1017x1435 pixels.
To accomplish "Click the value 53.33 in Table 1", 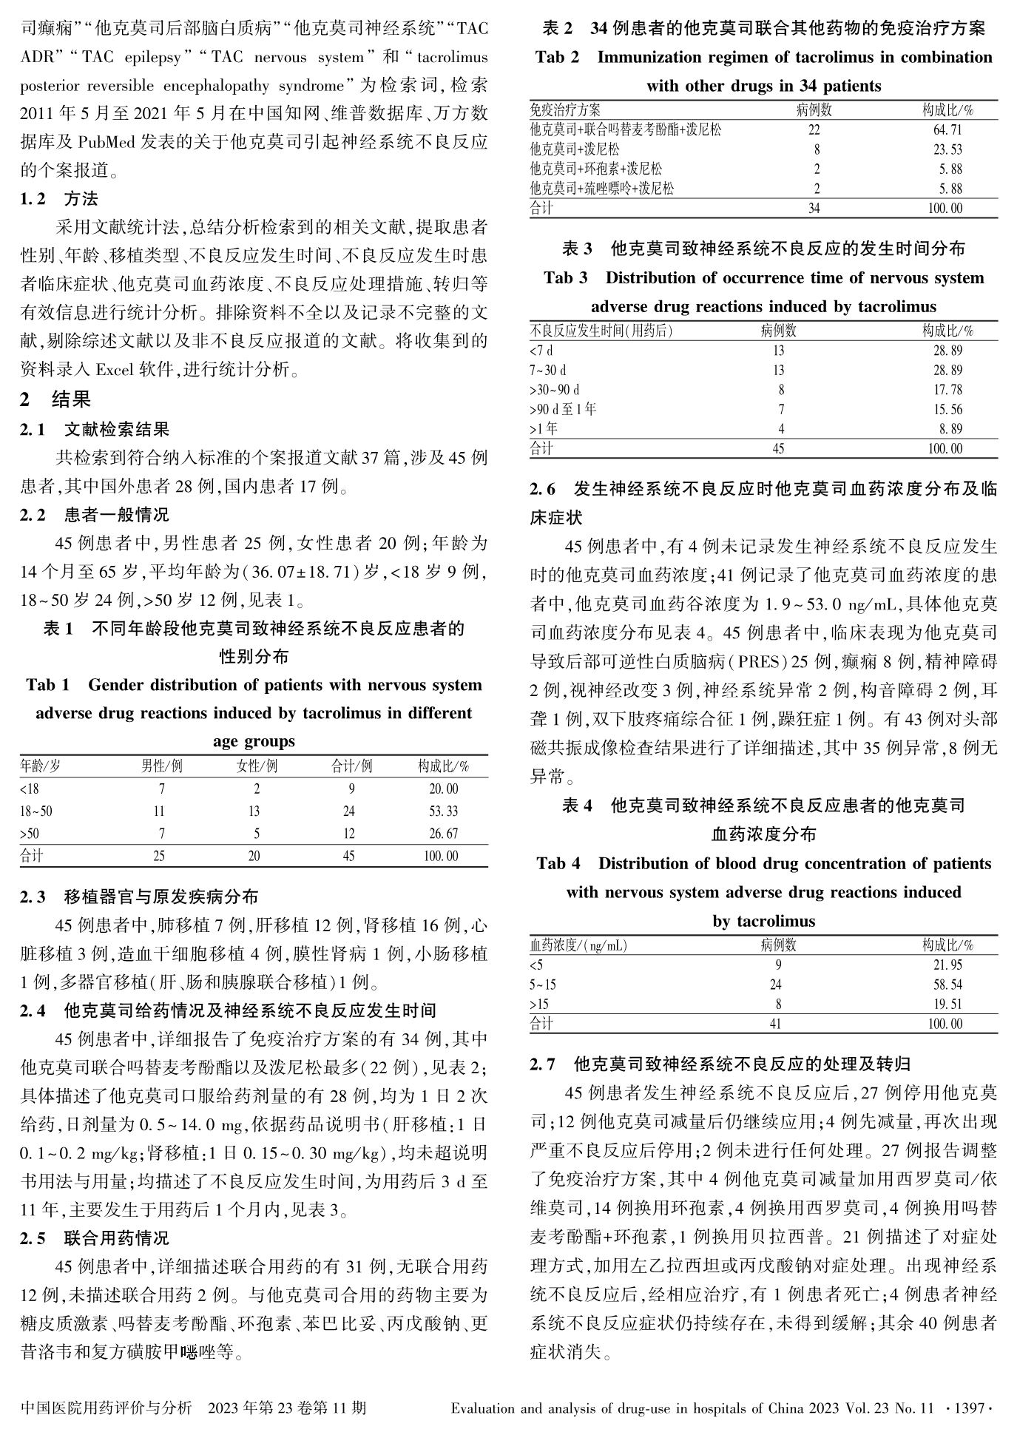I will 443,811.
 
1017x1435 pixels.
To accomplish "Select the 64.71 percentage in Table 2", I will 947,130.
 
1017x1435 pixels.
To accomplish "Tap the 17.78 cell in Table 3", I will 947,390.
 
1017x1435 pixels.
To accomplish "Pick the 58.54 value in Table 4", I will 947,985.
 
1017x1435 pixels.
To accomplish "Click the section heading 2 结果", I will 55,400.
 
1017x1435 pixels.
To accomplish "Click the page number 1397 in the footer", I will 969,1408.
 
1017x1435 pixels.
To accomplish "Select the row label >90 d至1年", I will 563,409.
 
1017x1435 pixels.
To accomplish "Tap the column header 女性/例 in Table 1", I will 257,766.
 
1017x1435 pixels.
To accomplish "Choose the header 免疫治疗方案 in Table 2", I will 565,110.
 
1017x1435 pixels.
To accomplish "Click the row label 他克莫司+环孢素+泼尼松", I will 596,169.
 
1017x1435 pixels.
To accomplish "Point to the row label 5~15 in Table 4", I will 543,985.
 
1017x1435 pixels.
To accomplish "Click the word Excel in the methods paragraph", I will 112,370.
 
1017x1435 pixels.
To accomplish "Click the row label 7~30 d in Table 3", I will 548,370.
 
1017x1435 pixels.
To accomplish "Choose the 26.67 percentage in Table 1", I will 443,834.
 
